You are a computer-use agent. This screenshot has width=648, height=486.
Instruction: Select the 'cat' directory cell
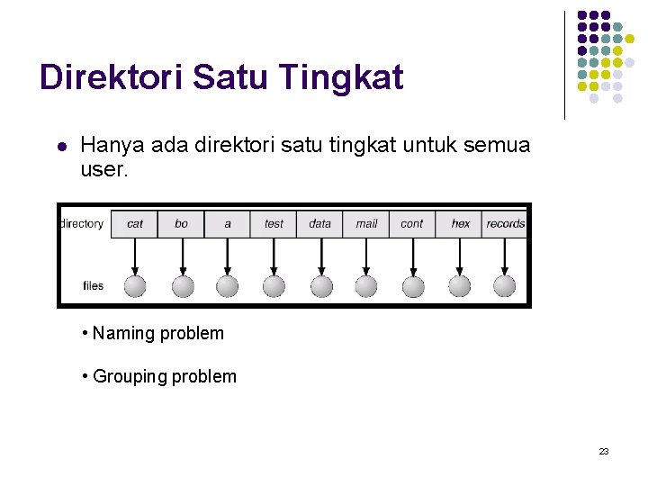[x=134, y=224]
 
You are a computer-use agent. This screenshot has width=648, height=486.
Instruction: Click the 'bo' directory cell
[x=181, y=224]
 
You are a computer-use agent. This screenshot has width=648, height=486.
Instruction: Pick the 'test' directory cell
[x=274, y=224]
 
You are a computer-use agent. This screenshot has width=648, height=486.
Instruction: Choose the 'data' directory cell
[x=319, y=224]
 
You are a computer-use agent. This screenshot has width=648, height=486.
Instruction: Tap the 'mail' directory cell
[x=366, y=224]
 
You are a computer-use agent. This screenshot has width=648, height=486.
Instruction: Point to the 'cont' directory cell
[x=412, y=224]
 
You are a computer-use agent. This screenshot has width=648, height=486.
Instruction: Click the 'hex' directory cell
[x=460, y=224]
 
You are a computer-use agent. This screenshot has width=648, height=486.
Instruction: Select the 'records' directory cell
[x=505, y=224]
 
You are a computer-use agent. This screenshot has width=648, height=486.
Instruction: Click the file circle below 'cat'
[x=135, y=286]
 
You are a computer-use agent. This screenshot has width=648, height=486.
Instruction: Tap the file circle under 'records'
[x=505, y=286]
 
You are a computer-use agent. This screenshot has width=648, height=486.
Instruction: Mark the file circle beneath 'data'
[x=319, y=286]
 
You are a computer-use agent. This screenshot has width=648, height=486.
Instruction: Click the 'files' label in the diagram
[x=94, y=286]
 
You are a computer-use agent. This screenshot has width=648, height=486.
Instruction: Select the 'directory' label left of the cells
[x=82, y=224]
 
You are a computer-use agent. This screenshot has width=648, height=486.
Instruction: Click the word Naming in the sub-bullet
[x=123, y=334]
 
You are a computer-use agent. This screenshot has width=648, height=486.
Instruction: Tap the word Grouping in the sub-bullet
[x=130, y=377]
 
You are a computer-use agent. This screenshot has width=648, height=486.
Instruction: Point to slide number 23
[x=604, y=451]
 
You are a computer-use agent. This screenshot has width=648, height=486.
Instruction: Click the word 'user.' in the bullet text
[x=105, y=168]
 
